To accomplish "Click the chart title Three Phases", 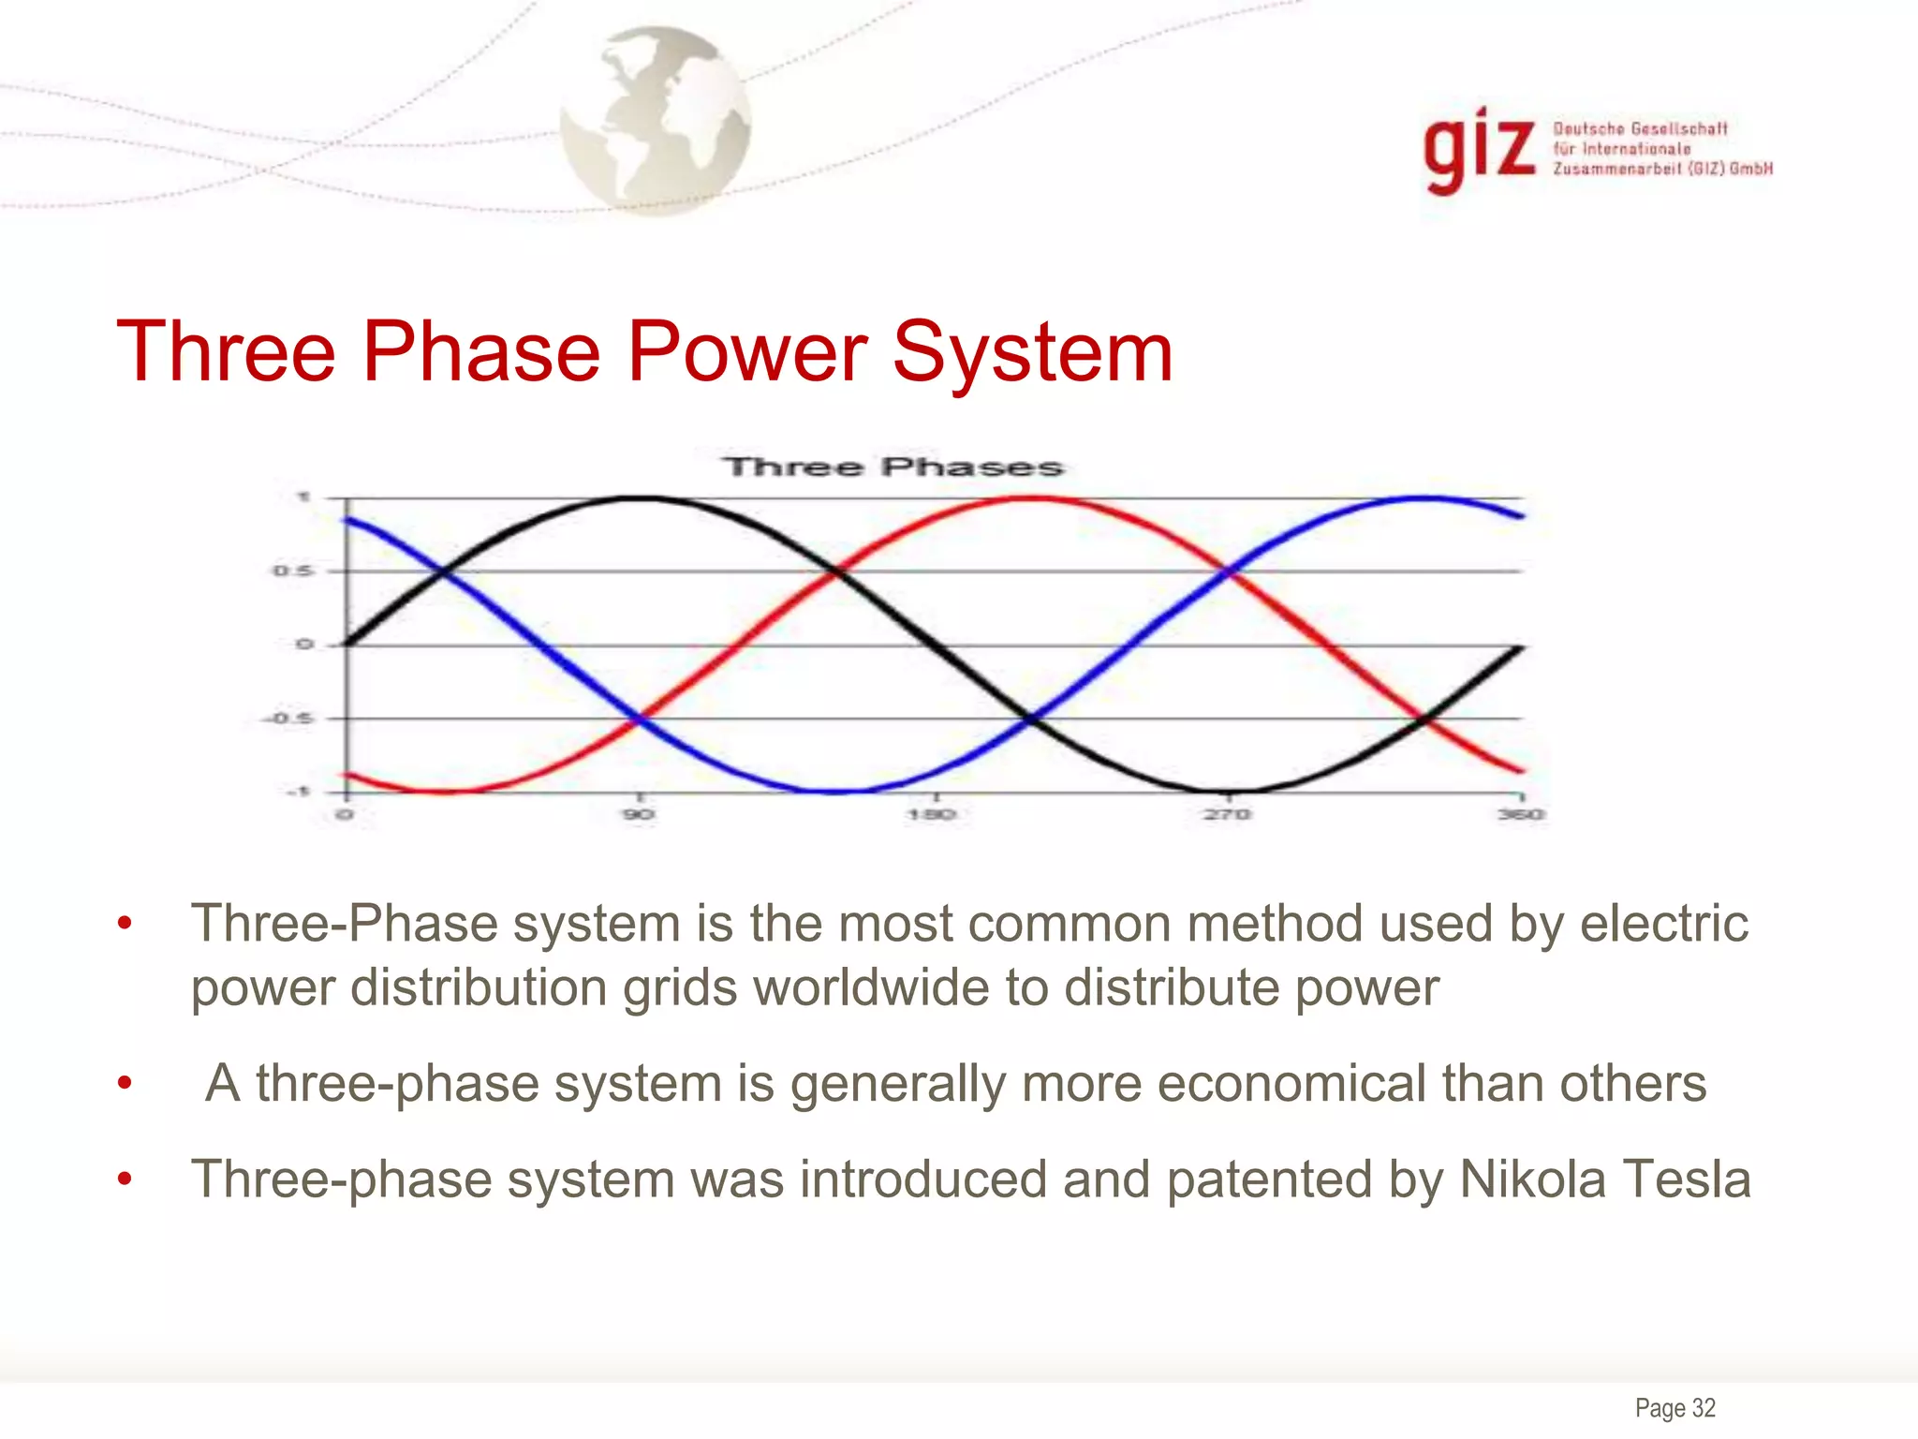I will (x=893, y=467).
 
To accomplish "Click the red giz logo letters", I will (x=1479, y=150).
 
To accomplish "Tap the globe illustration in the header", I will (x=656, y=120).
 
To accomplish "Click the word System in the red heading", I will (x=1032, y=352).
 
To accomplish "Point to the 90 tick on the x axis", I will (x=639, y=813).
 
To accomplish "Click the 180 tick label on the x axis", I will (x=933, y=813).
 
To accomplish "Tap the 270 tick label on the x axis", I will (x=1227, y=813).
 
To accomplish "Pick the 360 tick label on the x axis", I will (x=1521, y=813).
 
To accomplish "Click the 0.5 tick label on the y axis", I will (x=293, y=571).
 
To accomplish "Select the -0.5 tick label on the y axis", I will (x=287, y=719).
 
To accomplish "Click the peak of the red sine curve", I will (x=1030, y=498).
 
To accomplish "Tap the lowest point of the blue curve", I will (x=834, y=792).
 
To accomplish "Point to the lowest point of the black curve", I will (x=1227, y=792).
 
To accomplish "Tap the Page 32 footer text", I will (x=1675, y=1407).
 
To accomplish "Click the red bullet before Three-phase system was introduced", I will (x=125, y=1179).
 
